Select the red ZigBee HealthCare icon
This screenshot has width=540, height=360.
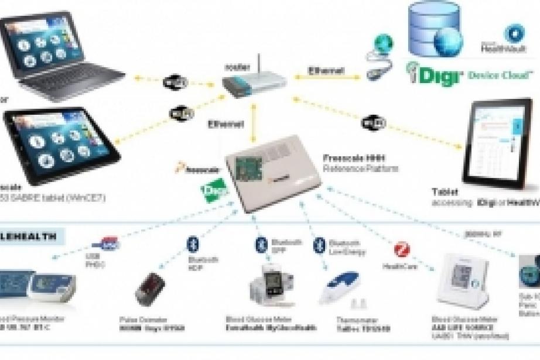(x=404, y=250)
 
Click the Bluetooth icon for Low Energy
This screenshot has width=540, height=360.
(x=319, y=244)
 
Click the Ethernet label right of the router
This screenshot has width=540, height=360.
(x=326, y=71)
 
